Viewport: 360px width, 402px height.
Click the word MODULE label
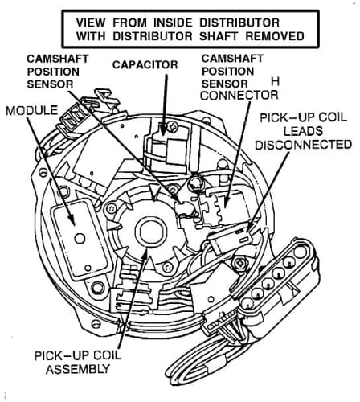coord(32,111)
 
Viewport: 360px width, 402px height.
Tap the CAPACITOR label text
coord(145,65)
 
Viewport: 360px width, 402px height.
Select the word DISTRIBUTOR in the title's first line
coord(239,23)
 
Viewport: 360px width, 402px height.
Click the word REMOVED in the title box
coord(275,36)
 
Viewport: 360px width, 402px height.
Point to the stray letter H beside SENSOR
coord(275,82)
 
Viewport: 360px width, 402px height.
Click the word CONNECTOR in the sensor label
coord(239,96)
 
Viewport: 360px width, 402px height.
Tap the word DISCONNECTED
coord(304,145)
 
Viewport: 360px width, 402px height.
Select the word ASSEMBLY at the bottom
coord(78,369)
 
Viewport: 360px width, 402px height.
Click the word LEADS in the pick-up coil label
coord(304,131)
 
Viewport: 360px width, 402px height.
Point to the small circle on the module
coord(80,238)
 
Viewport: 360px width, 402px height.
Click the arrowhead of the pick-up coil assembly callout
coord(145,254)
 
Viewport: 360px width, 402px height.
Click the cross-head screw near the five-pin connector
coord(239,264)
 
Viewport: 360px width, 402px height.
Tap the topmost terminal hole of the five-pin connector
coord(300,252)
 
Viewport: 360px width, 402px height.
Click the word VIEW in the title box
coord(90,23)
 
